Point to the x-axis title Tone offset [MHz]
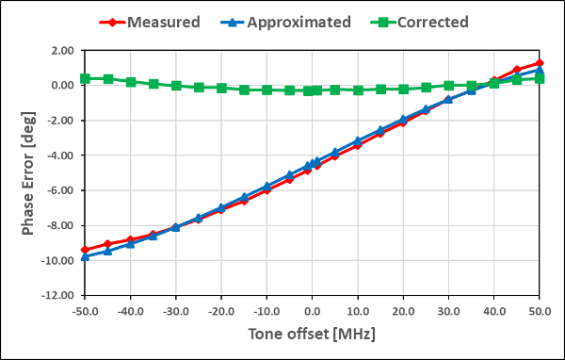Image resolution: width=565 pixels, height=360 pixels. point(312,335)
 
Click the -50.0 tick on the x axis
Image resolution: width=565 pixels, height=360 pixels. point(85,310)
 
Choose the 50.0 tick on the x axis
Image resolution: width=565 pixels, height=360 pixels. point(540,310)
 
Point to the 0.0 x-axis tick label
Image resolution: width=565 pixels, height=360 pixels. point(312,310)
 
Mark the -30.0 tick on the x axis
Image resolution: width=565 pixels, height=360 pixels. point(175,310)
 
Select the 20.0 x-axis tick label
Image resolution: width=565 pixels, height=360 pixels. point(403,310)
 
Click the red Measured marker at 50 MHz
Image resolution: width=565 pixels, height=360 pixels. point(540,63)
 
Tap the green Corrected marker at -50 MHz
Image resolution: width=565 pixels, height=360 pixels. point(85,78)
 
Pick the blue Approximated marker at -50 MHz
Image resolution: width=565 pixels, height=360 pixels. point(85,256)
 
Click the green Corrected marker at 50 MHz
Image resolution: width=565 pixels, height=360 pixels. point(540,78)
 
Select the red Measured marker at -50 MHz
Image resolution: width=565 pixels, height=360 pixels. point(85,250)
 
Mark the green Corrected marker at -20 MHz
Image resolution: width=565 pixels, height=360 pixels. point(221,88)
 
